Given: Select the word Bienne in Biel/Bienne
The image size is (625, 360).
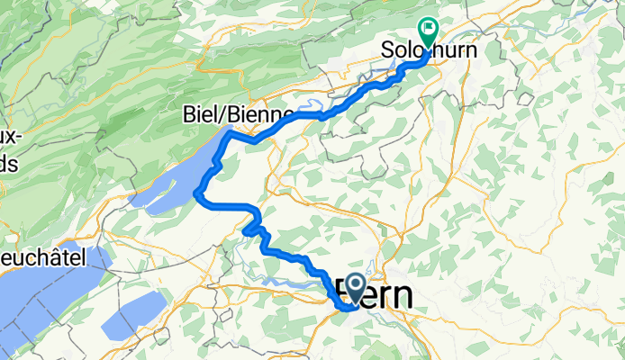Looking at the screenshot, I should (x=260, y=115).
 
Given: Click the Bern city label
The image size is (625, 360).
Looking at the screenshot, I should (x=376, y=294).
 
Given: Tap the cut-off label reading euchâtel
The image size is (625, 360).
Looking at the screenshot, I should (x=42, y=257).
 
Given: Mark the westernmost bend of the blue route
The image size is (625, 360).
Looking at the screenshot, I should (x=196, y=193).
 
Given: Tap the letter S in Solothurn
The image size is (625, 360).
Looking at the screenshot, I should (x=389, y=49).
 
